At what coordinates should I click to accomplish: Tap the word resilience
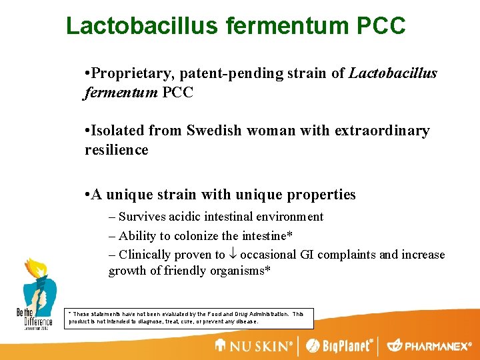pos(117,150)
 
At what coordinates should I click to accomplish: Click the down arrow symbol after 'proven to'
pos(233,255)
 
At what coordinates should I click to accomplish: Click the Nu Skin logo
pos(254,346)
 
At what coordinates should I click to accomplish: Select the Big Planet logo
pos(339,346)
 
